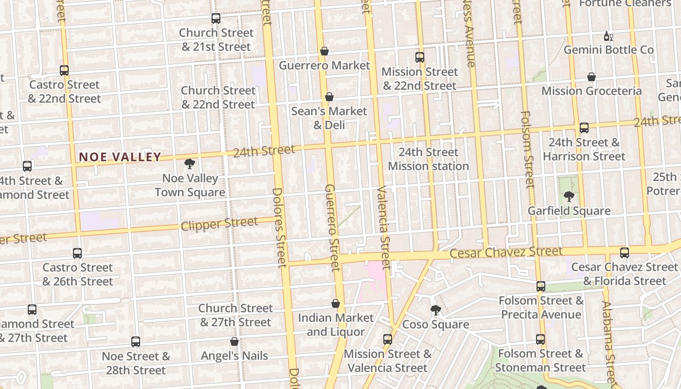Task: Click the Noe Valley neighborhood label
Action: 120,157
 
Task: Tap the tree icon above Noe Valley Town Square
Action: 190,164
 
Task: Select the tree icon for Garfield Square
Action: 569,196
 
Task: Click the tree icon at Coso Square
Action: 436,310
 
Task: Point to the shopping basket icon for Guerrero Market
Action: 324,51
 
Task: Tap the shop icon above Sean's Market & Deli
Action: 329,97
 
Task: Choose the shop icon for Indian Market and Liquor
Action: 336,303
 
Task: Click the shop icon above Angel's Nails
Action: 234,341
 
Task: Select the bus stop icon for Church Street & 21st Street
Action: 216,18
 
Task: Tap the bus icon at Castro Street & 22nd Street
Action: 64,70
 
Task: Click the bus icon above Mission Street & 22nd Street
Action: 420,57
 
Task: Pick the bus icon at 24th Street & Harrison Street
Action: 584,128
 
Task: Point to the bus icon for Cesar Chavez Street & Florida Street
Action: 625,253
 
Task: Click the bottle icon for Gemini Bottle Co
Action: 608,36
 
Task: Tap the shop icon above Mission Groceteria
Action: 591,77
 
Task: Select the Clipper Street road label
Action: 219,224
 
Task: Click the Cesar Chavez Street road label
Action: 506,252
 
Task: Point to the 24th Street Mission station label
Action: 428,159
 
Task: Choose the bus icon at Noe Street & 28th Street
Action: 136,342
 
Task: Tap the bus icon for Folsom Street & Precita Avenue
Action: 541,286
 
